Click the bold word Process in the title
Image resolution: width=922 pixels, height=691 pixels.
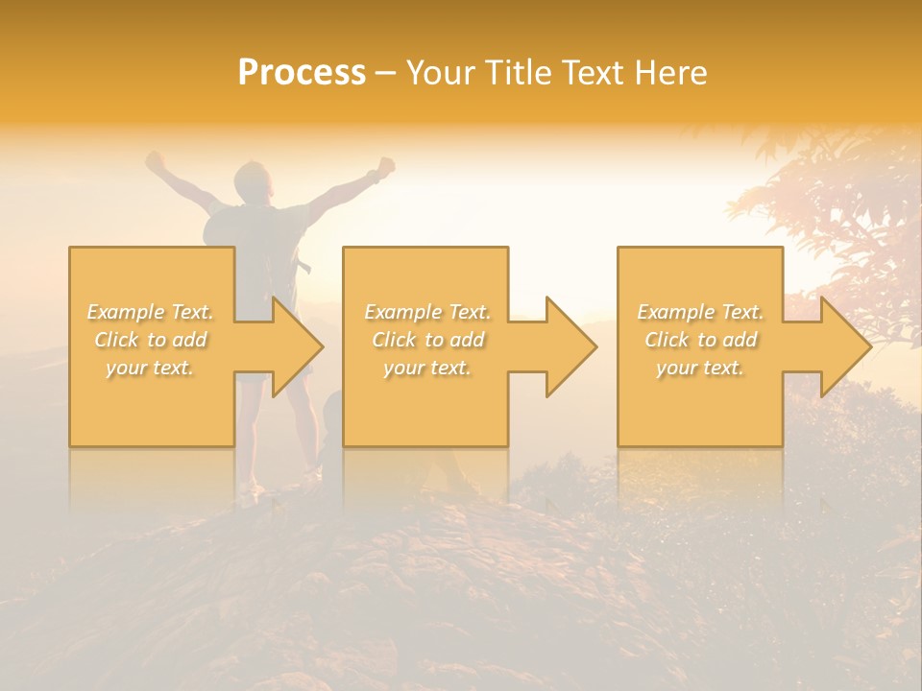[302, 73]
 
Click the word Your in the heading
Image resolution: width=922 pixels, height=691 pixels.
[442, 73]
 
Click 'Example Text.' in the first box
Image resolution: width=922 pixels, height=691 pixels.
[151, 312]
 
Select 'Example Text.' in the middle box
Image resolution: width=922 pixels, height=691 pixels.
[427, 312]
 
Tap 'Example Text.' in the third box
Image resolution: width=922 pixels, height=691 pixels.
[700, 312]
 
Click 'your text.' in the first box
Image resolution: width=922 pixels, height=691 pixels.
[150, 368]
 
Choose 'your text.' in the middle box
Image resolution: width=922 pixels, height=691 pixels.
[426, 368]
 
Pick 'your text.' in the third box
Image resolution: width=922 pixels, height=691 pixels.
[699, 368]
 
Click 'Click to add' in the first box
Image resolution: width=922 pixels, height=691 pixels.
[151, 340]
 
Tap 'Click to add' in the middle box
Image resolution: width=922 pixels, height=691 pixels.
[427, 340]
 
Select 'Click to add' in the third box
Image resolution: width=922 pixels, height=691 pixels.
[700, 340]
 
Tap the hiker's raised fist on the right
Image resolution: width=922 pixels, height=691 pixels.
[386, 166]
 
